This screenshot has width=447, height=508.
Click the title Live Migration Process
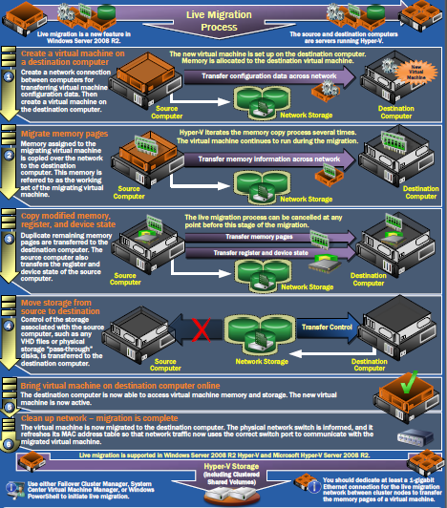click(x=223, y=18)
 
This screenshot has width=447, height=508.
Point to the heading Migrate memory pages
click(x=74, y=135)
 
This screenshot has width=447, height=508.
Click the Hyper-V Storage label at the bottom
click(x=223, y=467)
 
